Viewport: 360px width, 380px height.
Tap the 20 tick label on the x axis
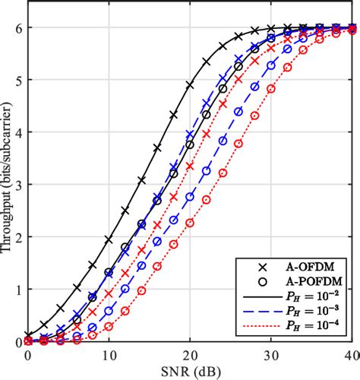point(191,355)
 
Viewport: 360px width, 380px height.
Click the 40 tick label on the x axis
point(350,355)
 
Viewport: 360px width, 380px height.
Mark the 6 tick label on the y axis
point(19,27)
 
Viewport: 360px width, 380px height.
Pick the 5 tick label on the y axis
point(19,80)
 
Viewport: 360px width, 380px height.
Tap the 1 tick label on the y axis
point(19,290)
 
